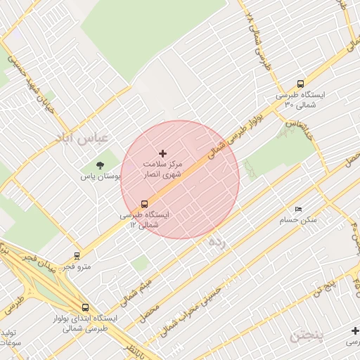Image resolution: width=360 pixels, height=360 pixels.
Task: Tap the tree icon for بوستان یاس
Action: pos(100,165)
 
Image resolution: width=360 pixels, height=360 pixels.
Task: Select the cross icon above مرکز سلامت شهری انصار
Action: pos(163,153)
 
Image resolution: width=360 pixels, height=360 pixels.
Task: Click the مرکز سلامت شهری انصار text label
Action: pos(163,167)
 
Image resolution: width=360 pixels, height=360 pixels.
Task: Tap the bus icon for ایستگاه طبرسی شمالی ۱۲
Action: pos(145,204)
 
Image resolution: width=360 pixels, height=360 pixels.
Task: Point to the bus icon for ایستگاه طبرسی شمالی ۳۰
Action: pos(301,83)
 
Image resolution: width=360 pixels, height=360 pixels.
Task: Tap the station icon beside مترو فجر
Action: pos(77,256)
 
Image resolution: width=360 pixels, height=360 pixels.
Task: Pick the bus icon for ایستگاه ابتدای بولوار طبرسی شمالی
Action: pos(85,307)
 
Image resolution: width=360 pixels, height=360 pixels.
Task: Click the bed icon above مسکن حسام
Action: pos(299,210)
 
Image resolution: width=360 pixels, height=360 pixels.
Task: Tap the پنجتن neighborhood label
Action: pos(308,335)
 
